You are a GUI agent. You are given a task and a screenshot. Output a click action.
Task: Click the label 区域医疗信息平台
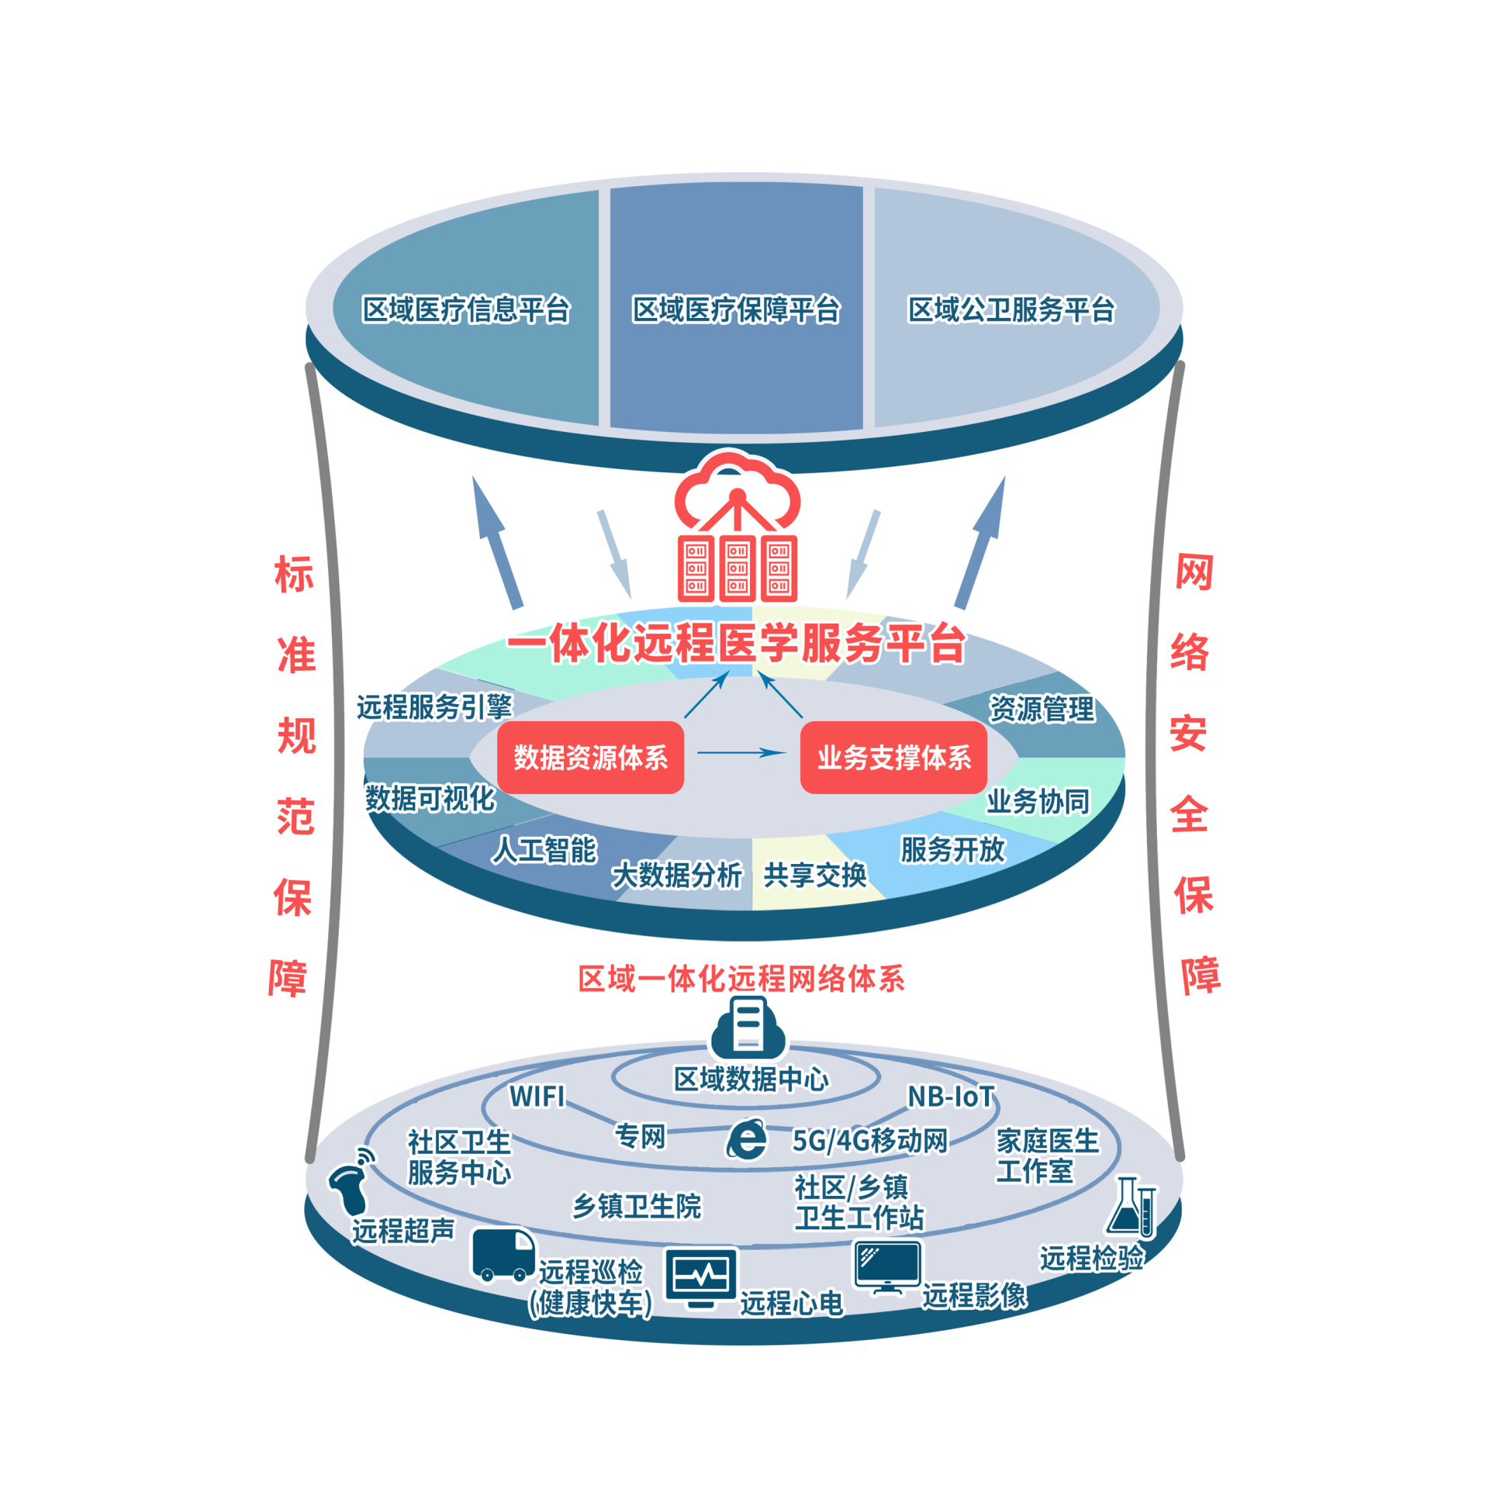tap(466, 309)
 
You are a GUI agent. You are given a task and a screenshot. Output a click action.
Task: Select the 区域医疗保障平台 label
tap(736, 309)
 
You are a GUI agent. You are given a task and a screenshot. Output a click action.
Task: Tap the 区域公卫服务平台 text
tap(1011, 309)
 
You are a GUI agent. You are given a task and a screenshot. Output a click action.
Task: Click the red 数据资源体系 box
tap(590, 757)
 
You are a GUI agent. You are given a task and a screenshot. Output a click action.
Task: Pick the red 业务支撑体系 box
tap(893, 757)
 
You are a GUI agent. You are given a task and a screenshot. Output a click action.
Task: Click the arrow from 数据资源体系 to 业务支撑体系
tap(741, 752)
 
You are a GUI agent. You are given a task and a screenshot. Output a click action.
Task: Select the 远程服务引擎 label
tap(434, 706)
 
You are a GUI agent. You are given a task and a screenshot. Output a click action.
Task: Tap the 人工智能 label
tap(544, 850)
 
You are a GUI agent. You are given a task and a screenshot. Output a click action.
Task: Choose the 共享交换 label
tap(815, 875)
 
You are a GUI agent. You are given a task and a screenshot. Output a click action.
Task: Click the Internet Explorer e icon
tap(747, 1139)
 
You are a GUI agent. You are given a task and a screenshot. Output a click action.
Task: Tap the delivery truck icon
tap(503, 1254)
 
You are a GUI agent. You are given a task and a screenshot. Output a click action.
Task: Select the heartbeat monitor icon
tap(701, 1276)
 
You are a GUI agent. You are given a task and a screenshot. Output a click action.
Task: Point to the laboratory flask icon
tap(1131, 1207)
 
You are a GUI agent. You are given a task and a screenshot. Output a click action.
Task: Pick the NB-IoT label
tap(951, 1097)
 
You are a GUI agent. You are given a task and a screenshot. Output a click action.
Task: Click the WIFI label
tap(537, 1097)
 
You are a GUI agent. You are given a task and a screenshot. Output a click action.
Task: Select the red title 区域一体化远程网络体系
tap(741, 979)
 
